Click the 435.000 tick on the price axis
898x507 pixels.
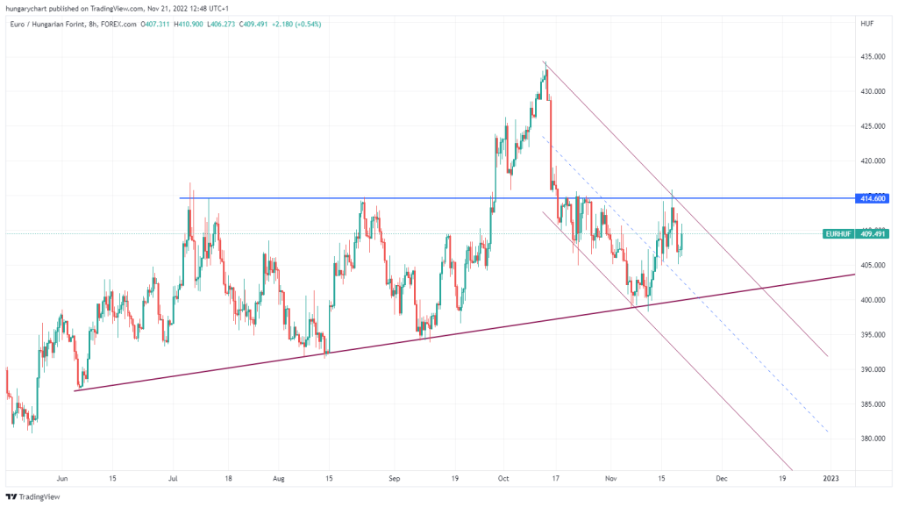click(872, 57)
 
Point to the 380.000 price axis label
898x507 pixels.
click(872, 439)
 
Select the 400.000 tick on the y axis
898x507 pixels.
click(872, 300)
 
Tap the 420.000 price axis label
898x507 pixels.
click(872, 161)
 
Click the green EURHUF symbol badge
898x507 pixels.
click(838, 234)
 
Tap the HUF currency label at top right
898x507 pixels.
click(865, 24)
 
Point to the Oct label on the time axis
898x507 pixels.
click(502, 479)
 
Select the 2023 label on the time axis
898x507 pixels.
click(830, 479)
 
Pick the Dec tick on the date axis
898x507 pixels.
click(721, 479)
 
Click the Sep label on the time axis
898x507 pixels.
click(394, 479)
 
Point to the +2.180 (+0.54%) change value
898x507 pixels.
click(295, 24)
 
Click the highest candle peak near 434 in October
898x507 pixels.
click(545, 64)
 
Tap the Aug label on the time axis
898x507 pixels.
click(278, 479)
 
